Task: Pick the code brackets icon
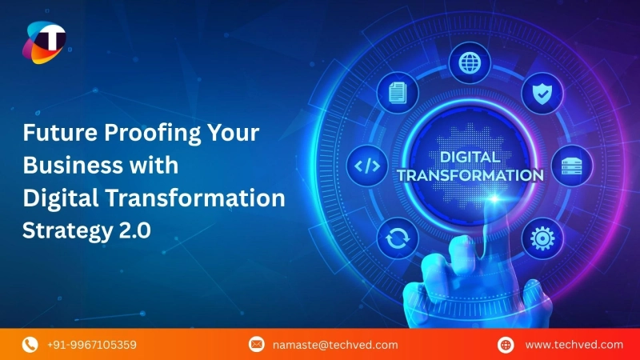367,167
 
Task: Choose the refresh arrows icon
397,238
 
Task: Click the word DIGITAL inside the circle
469,157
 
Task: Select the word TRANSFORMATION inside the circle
470,174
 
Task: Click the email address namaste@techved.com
335,345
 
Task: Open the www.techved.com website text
573,345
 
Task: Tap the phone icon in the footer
30,345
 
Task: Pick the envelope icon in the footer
257,345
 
